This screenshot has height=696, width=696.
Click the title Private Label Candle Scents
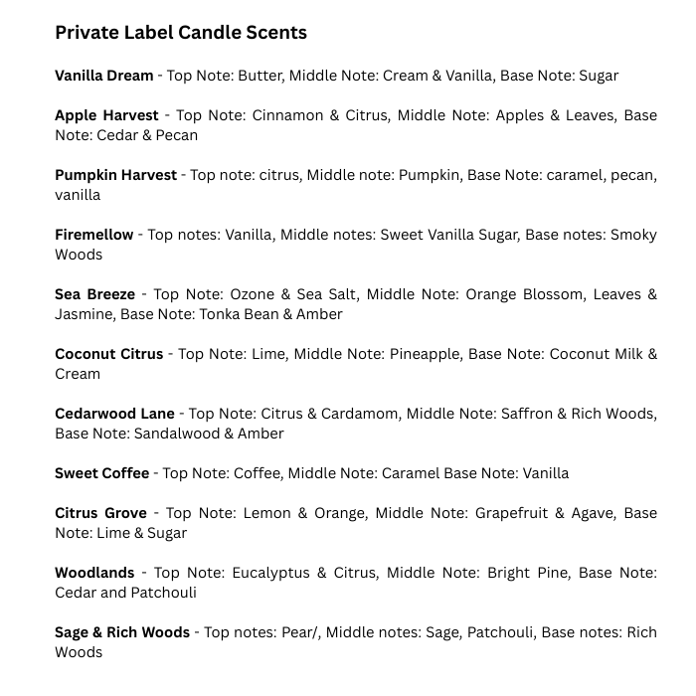tap(180, 33)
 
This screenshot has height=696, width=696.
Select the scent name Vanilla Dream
tap(103, 76)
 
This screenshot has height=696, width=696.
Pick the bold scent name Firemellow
tap(93, 235)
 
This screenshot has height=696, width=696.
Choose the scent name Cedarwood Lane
tap(114, 414)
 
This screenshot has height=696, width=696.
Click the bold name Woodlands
tap(94, 573)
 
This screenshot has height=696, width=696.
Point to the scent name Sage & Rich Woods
tap(121, 632)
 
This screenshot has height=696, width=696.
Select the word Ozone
tap(252, 294)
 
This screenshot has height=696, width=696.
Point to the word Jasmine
tap(85, 314)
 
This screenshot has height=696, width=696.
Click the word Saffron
tap(522, 414)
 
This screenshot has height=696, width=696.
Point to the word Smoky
tap(633, 235)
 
